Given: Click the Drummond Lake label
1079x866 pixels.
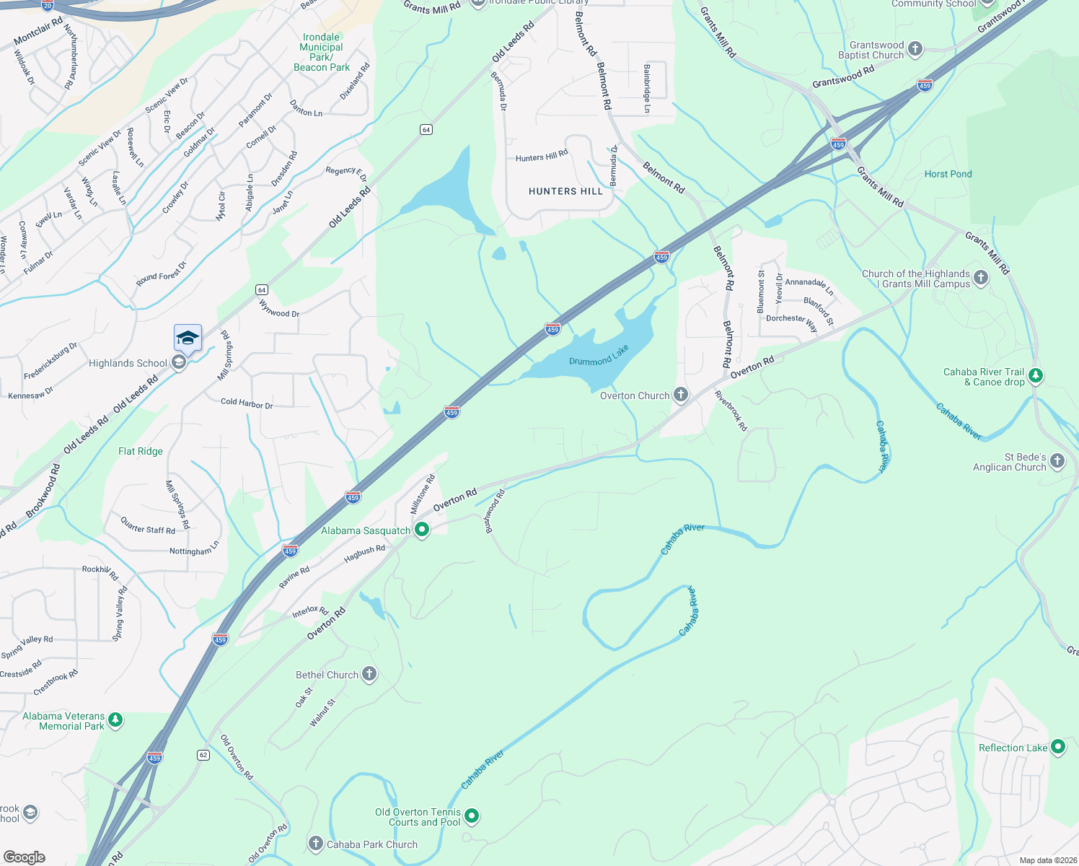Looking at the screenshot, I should coord(599,356).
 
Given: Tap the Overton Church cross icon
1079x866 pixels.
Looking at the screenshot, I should coord(680,394).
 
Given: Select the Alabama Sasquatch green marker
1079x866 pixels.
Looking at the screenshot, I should coord(422,530).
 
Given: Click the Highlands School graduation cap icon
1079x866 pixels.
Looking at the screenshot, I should coord(188,338).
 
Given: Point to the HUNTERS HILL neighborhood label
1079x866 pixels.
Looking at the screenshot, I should coord(565,191).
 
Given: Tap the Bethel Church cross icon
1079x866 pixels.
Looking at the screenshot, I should coord(369,674).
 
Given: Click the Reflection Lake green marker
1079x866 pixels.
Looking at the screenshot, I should coord(1058,747).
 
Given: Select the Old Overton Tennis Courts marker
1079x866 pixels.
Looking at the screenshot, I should coord(472,816).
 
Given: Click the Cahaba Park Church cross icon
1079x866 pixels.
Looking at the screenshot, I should coord(315,844).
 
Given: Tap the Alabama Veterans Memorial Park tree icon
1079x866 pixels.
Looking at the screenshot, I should coord(115,720).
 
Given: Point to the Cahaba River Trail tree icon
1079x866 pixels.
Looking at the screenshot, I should coord(1036,375).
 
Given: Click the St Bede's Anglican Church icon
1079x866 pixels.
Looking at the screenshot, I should coord(1057,461).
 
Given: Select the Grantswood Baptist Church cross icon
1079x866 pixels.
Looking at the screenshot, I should coord(915,49).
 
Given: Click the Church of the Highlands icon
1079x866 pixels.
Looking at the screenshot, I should coord(981,278).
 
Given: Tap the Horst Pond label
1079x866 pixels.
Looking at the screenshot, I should coord(948,174).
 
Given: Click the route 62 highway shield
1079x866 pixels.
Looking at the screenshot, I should coord(203,755).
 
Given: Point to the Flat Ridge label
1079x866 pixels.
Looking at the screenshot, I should coord(141,451).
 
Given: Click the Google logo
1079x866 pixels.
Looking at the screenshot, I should coord(25,857).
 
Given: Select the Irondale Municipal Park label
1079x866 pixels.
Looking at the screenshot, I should coord(322,52).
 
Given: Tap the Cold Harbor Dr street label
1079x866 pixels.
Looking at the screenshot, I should coord(247,403).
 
